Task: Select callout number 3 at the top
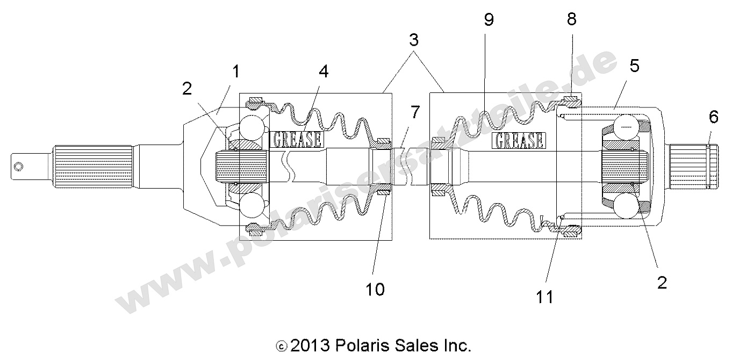(413, 40)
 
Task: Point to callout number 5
(634, 66)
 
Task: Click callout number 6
(713, 116)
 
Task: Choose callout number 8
(571, 19)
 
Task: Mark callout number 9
(489, 20)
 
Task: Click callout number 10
(375, 289)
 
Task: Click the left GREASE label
(298, 140)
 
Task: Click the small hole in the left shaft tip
(19, 167)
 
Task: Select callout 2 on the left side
(186, 89)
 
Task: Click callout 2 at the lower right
(662, 283)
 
